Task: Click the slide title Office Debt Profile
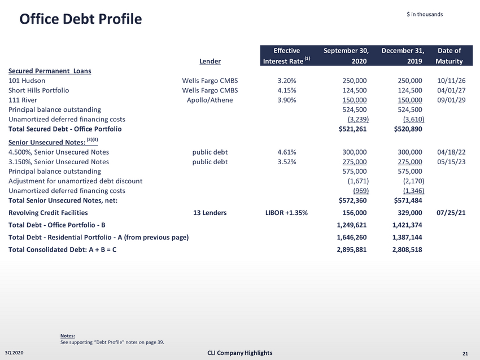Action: pyautogui.click(x=80, y=19)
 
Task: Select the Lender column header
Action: pyautogui.click(x=210, y=61)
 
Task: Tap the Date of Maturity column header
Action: pyautogui.click(x=449, y=56)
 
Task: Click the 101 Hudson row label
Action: pyautogui.click(x=27, y=81)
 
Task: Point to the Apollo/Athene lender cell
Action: pyautogui.click(x=210, y=100)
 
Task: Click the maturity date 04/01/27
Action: pyautogui.click(x=451, y=90)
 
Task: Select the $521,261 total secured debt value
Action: pyautogui.click(x=352, y=129)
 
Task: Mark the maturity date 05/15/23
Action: pyautogui.click(x=451, y=162)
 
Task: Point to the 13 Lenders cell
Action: pyautogui.click(x=210, y=213)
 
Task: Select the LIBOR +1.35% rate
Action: pyautogui.click(x=286, y=213)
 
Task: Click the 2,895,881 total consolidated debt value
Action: pyautogui.click(x=352, y=250)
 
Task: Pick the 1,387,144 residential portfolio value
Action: pyautogui.click(x=407, y=238)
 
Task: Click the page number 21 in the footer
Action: pyautogui.click(x=465, y=354)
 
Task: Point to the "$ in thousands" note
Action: pyautogui.click(x=425, y=14)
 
